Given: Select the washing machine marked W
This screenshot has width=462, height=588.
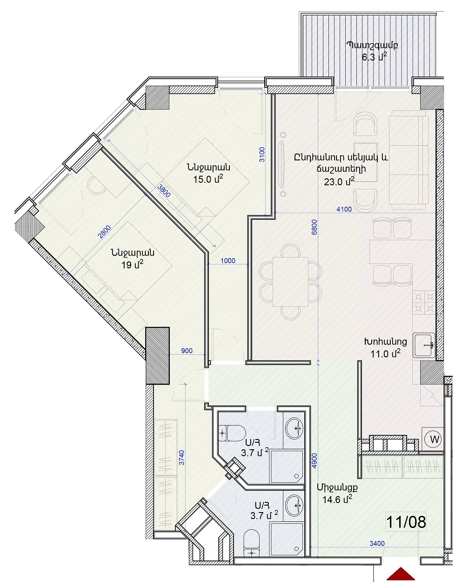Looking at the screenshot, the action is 435,439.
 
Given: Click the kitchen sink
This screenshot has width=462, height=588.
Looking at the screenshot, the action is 424,345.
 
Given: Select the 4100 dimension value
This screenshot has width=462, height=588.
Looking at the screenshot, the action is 344,210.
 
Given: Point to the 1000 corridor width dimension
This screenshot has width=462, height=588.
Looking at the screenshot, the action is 228,260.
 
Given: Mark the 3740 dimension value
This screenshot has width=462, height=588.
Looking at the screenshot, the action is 182,457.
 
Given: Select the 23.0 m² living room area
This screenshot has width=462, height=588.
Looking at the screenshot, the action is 339,182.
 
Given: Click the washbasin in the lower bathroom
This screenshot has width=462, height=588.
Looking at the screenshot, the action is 295,506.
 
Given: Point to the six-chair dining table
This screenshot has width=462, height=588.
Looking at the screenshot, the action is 290,282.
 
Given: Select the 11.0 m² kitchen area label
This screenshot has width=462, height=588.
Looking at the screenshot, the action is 385,354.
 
